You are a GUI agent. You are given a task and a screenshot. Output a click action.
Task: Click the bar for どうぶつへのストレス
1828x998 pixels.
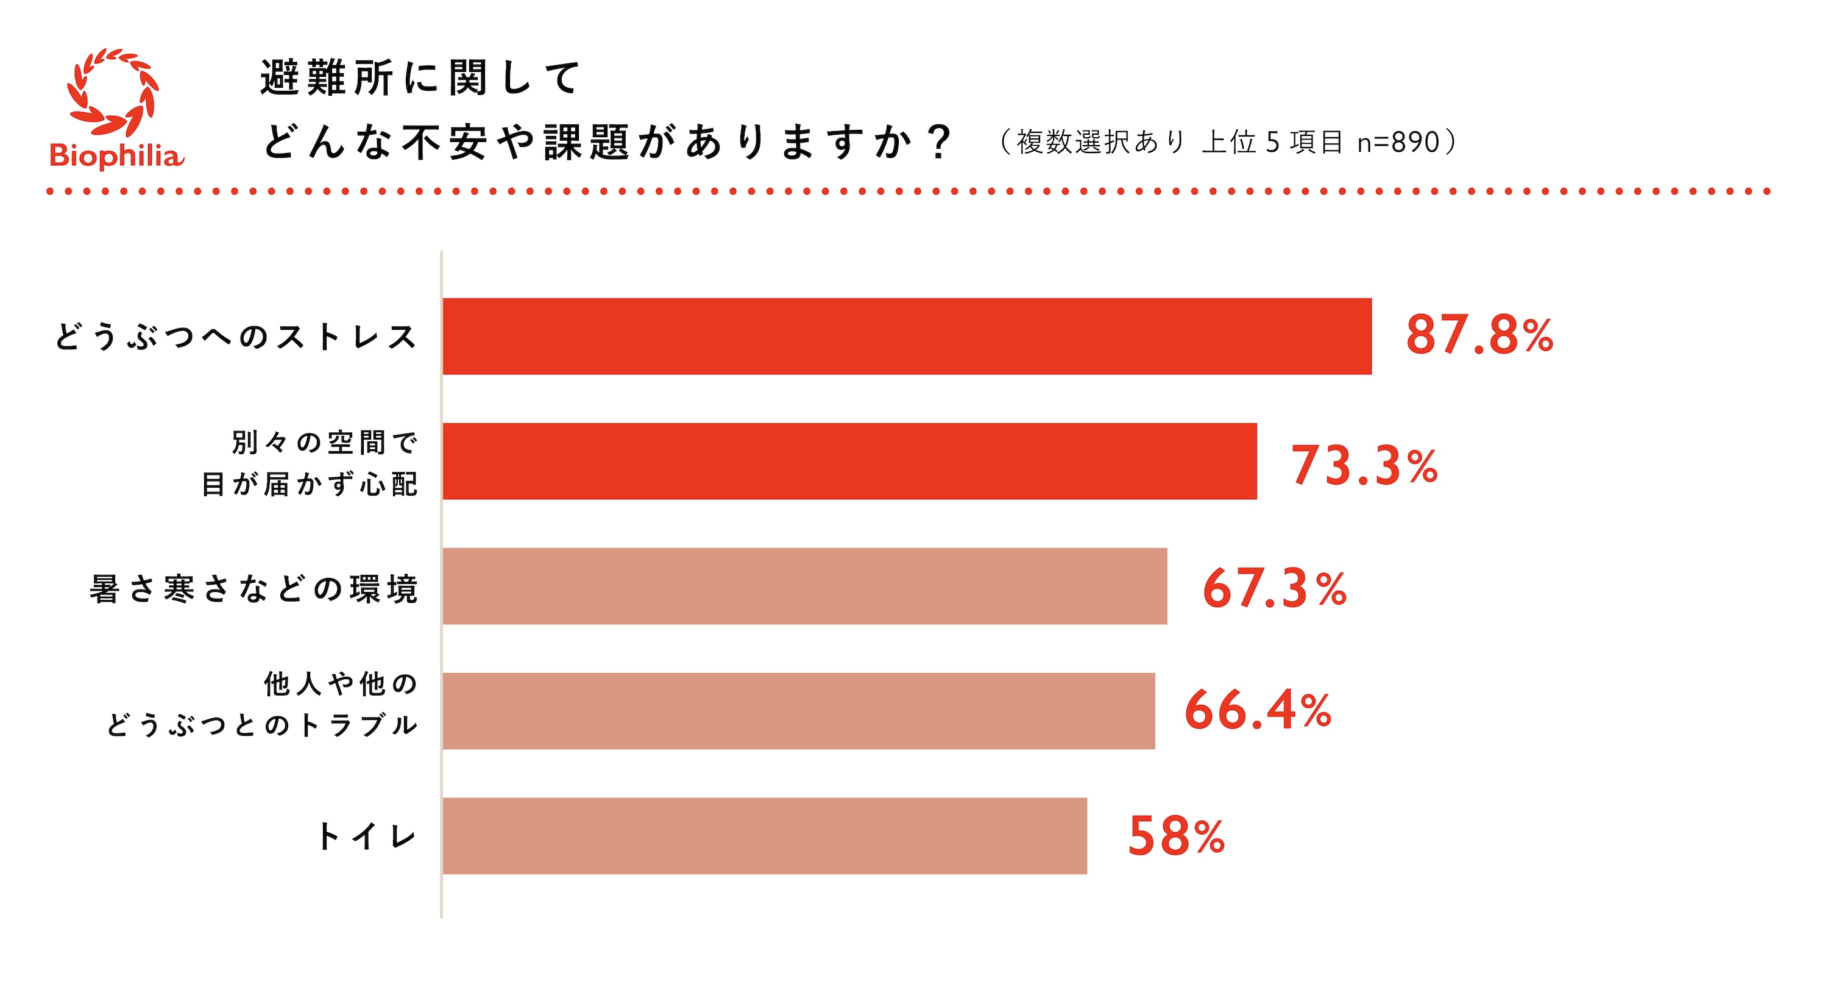click(906, 336)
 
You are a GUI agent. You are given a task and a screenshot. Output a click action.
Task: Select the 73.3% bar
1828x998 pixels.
click(849, 461)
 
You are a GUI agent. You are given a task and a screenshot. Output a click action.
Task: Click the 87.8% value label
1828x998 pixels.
click(1479, 336)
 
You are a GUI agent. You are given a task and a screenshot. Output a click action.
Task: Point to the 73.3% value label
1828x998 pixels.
click(1363, 466)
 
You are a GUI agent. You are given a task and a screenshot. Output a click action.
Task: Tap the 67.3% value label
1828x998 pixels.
click(1274, 588)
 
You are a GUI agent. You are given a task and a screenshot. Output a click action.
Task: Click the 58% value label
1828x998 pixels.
click(1176, 836)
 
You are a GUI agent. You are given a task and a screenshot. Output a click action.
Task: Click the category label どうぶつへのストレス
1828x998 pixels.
click(236, 337)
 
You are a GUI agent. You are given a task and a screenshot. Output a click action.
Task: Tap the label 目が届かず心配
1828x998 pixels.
click(310, 485)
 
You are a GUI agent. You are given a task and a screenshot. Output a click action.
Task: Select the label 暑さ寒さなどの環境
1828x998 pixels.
click(253, 589)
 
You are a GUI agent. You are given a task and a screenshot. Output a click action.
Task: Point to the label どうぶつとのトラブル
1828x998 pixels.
click(262, 725)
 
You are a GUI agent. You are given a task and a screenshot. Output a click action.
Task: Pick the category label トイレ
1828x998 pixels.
click(366, 836)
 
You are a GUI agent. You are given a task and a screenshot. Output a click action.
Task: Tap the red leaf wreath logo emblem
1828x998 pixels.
click(113, 92)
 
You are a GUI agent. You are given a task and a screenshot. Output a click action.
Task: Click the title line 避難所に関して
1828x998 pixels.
click(420, 78)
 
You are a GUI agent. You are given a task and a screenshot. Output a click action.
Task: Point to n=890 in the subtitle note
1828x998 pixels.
click(1397, 142)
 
